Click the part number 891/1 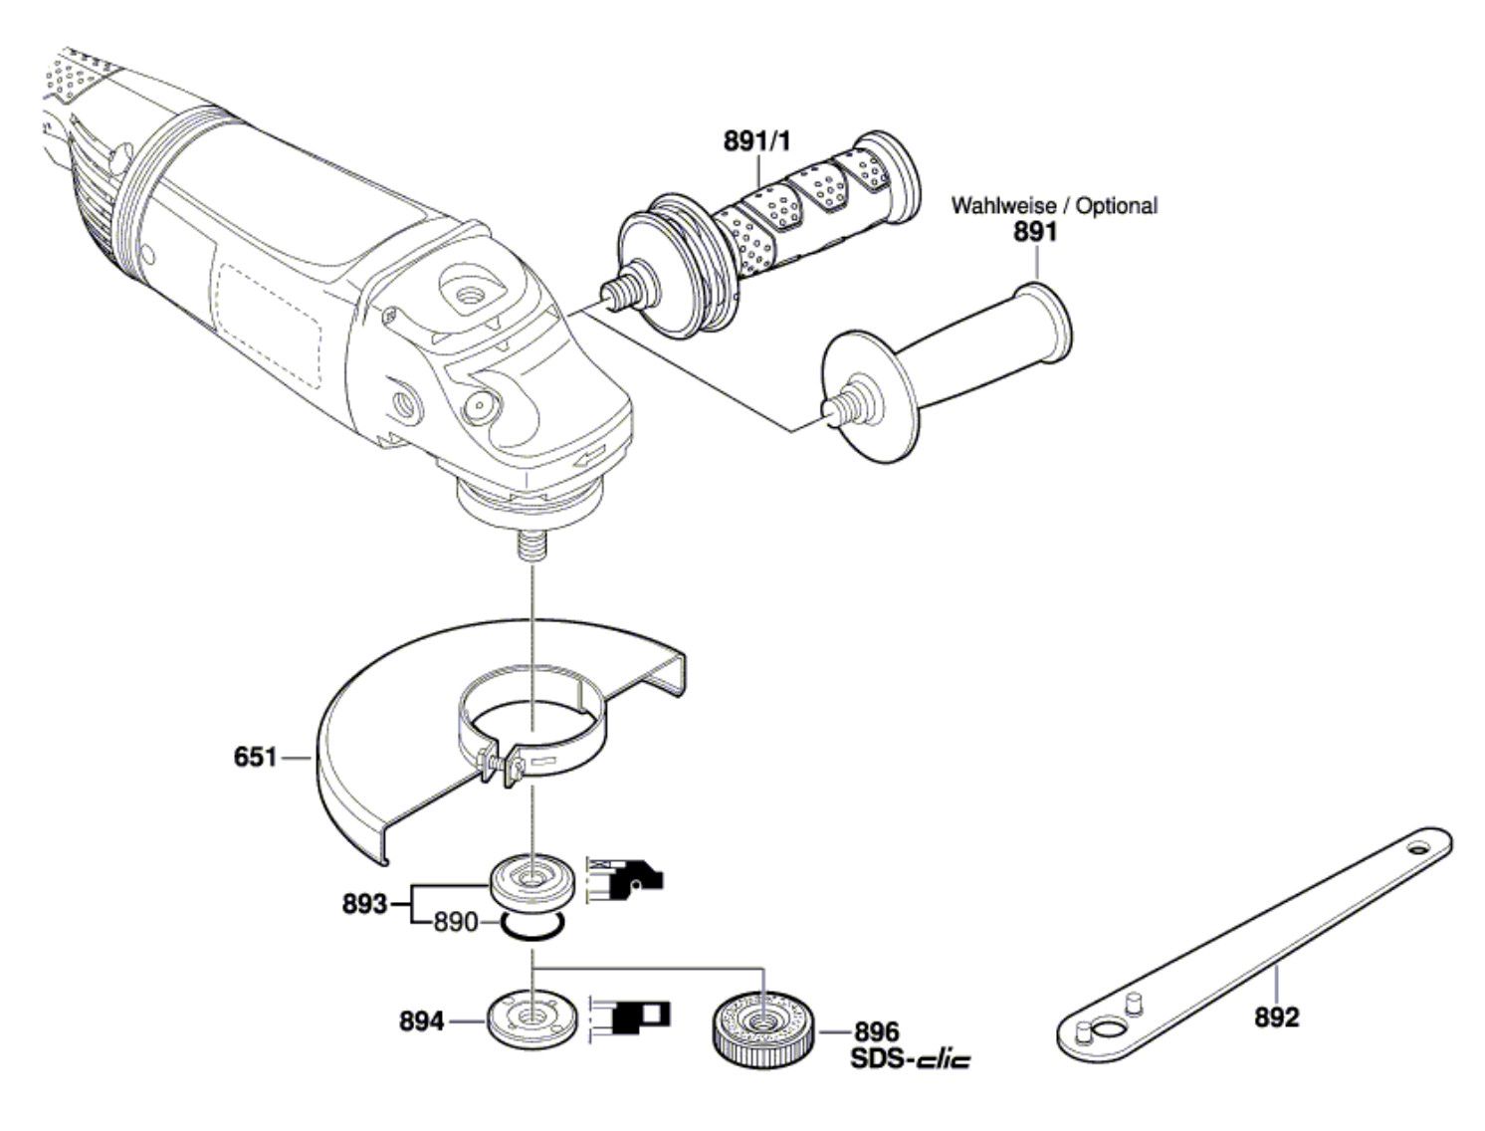click(756, 142)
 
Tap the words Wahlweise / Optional click(1054, 205)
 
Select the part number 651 click(255, 757)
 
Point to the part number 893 click(364, 904)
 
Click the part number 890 click(455, 922)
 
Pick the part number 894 click(421, 1021)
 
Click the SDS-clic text click(910, 1058)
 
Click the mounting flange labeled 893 click(532, 885)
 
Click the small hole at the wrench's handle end click(1418, 847)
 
